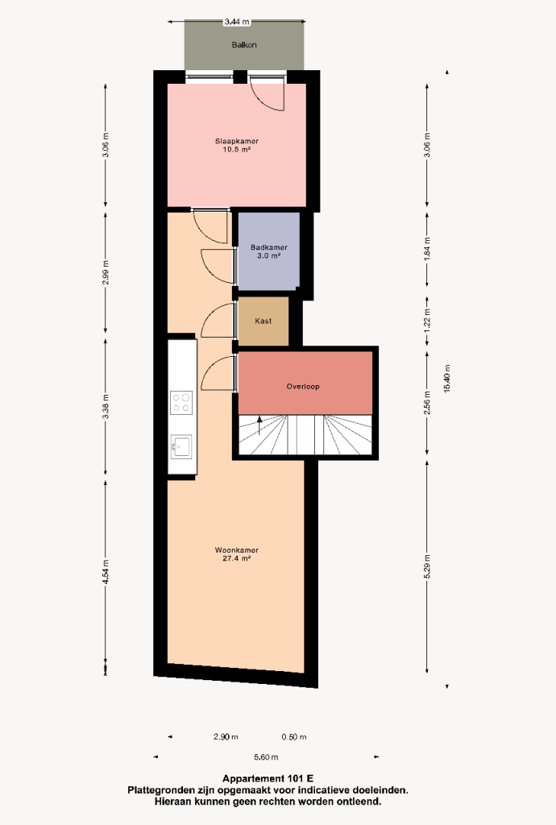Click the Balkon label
[244, 45]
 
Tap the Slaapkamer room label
[237, 141]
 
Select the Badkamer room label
[269, 247]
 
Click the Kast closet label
[263, 321]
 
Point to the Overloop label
[303, 386]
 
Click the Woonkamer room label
[237, 550]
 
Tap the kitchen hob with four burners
[181, 403]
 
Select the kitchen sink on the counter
[181, 447]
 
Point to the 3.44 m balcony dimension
[237, 22]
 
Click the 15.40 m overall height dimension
[447, 379]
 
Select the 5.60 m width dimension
[266, 757]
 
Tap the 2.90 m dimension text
[226, 737]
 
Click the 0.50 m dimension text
[294, 737]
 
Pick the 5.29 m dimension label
[427, 566]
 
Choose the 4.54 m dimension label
[106, 571]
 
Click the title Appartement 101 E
[268, 779]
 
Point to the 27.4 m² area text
[236, 559]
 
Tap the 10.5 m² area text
[236, 149]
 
